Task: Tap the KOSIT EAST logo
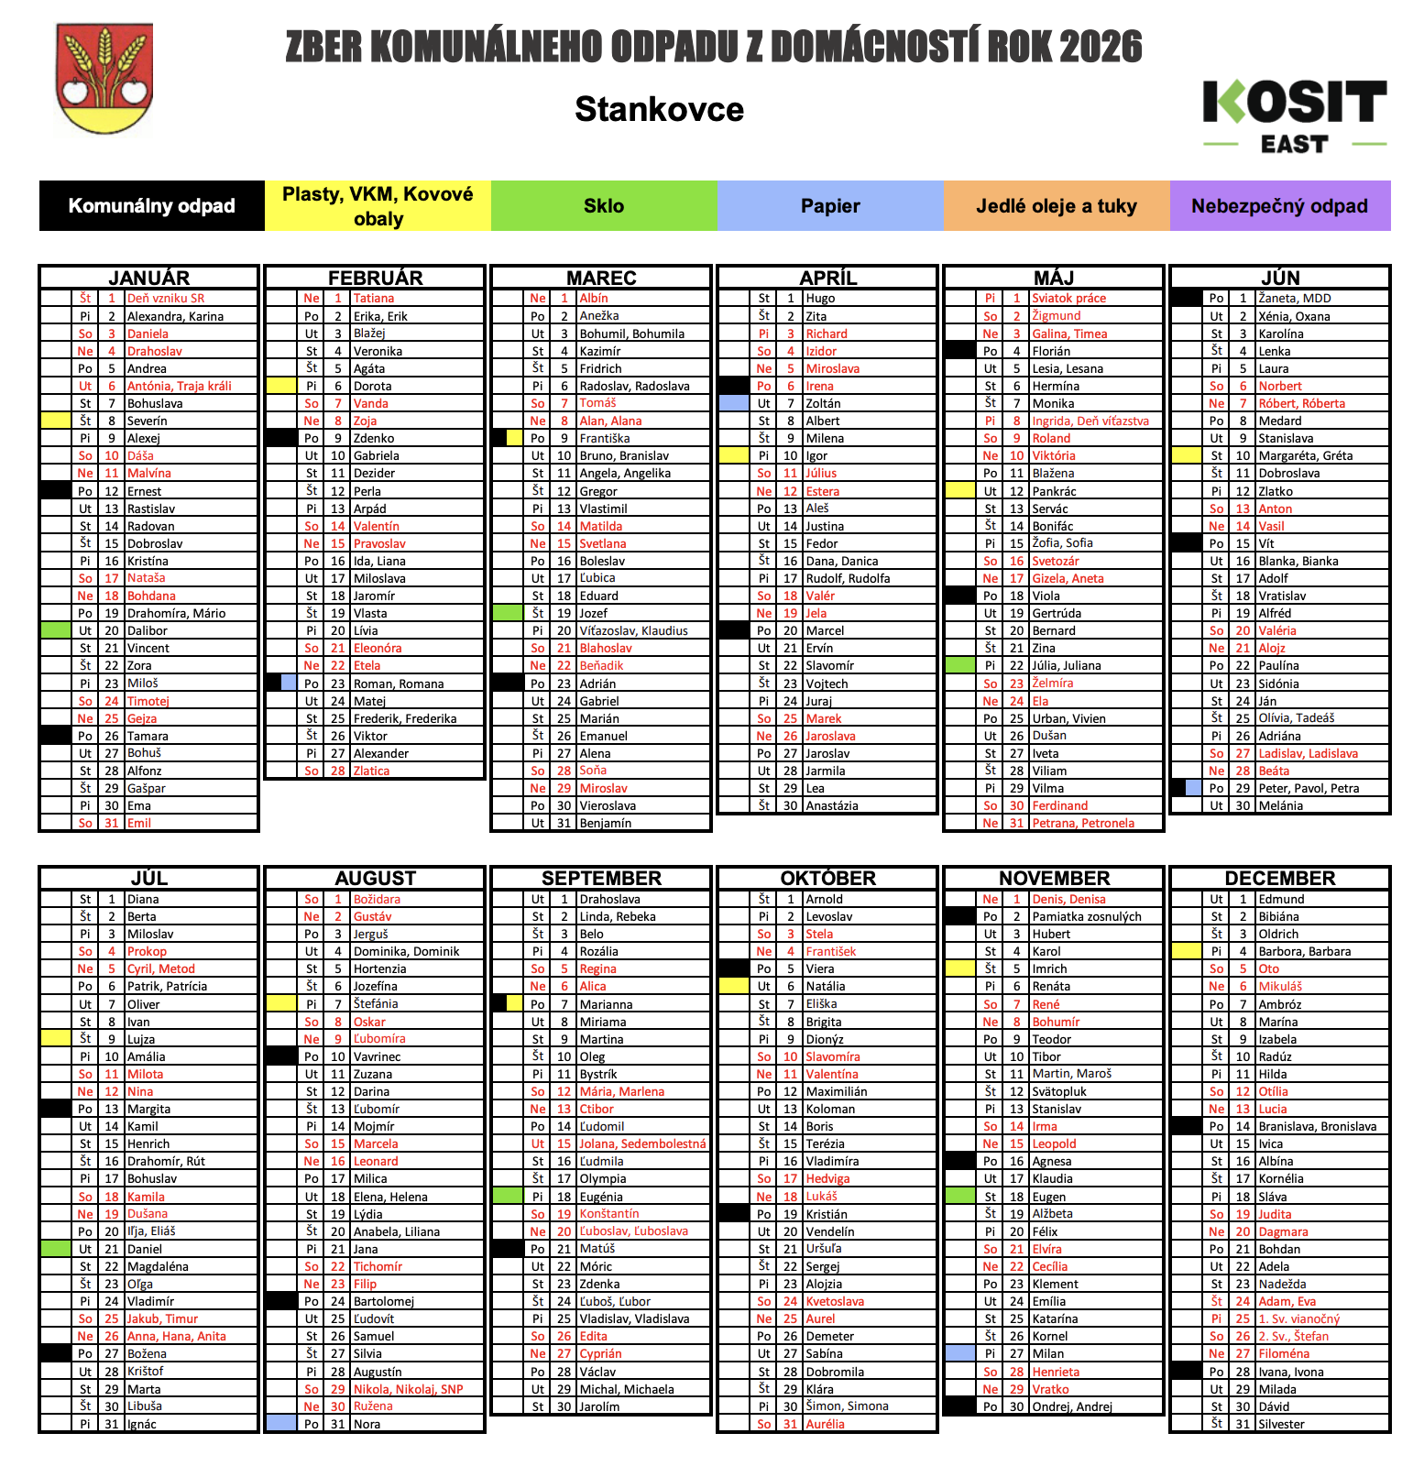click(1294, 115)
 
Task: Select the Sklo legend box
click(604, 206)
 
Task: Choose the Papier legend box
click(830, 206)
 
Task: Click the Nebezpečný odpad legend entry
click(1279, 206)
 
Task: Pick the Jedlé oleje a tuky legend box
click(1056, 206)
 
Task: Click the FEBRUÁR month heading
click(375, 278)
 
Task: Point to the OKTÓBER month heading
click(827, 878)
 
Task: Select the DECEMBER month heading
click(1279, 878)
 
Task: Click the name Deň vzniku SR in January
click(166, 299)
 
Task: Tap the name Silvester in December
click(1281, 1424)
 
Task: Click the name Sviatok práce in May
click(1068, 299)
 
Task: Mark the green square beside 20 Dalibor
click(56, 630)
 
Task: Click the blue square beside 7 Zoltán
click(734, 403)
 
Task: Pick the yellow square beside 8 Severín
click(56, 421)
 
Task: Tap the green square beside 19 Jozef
click(507, 613)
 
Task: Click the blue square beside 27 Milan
click(959, 1353)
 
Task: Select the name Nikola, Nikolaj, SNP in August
click(408, 1389)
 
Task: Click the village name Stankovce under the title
click(659, 109)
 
